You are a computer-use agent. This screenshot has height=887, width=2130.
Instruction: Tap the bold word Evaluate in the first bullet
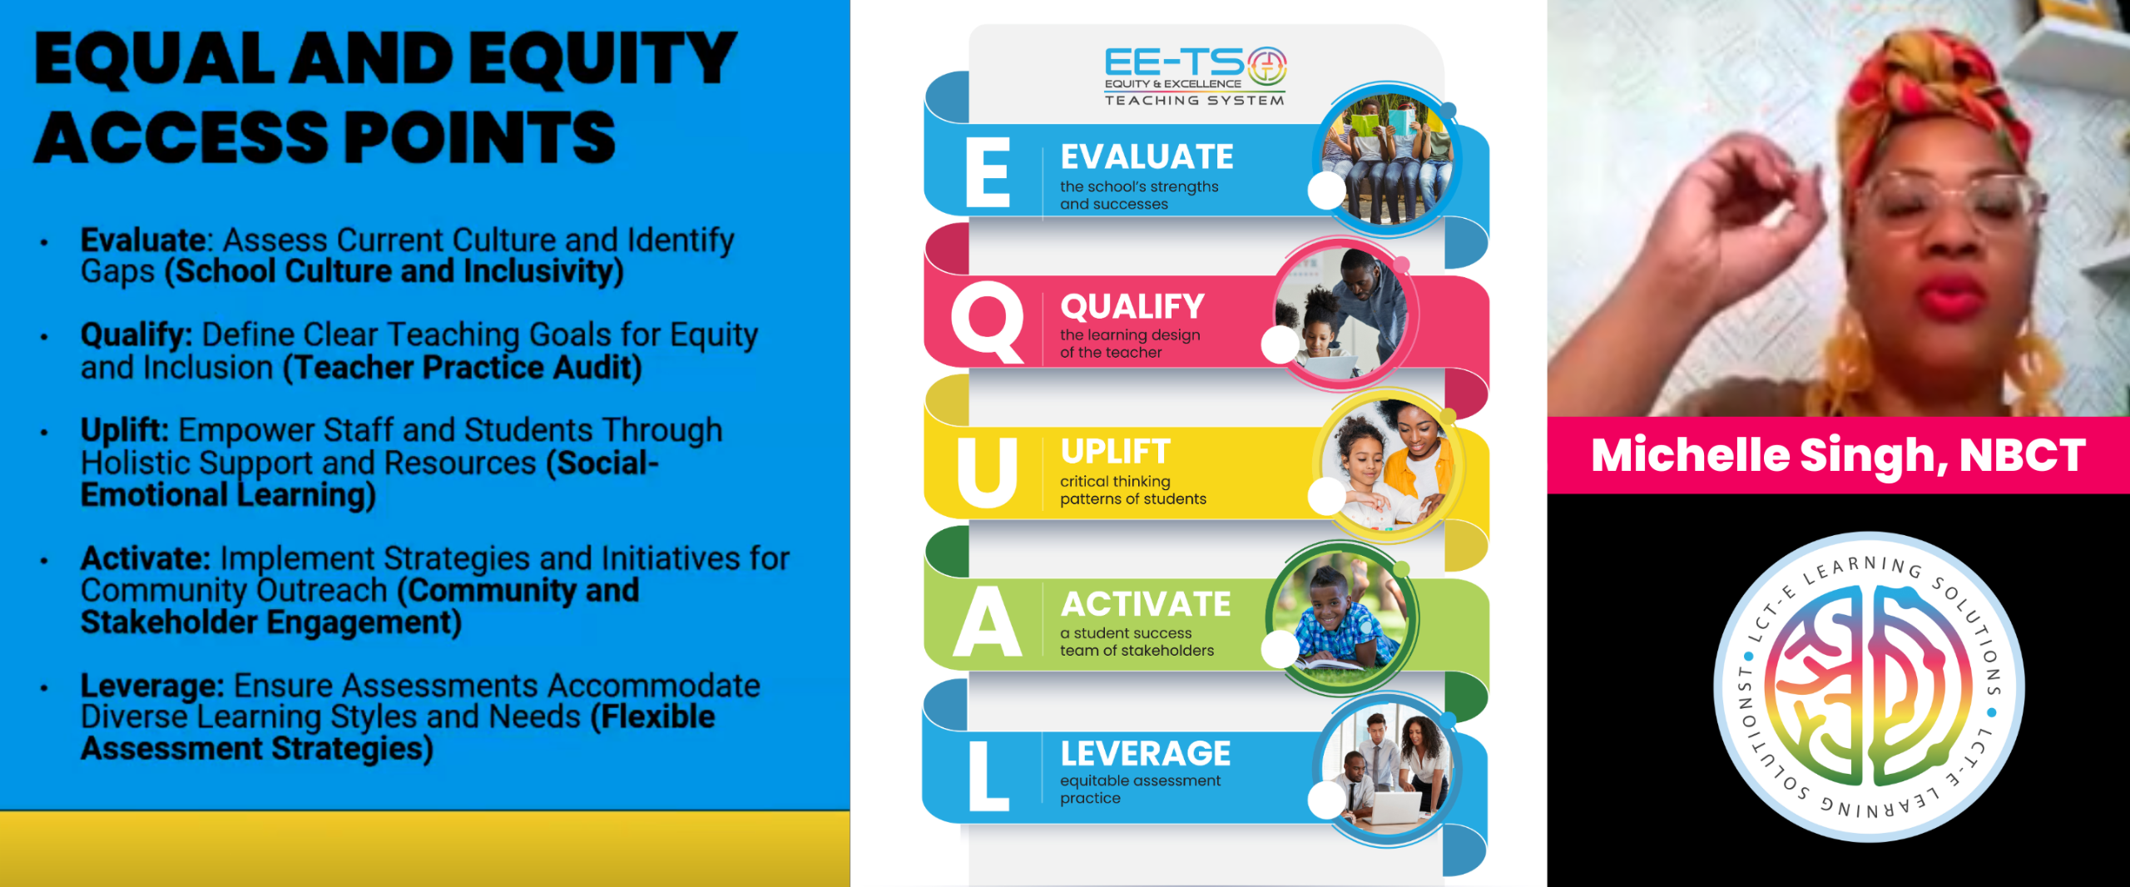click(143, 240)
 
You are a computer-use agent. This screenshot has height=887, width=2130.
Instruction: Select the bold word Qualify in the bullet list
click(136, 335)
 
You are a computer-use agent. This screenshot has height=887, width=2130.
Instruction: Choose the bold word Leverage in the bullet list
click(152, 686)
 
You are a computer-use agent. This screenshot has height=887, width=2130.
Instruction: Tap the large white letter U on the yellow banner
click(987, 472)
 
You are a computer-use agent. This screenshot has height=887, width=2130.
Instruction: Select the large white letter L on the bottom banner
click(988, 776)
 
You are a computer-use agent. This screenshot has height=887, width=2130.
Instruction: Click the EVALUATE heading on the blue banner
click(1147, 157)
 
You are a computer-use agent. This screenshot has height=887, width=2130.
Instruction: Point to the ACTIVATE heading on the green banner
click(1146, 604)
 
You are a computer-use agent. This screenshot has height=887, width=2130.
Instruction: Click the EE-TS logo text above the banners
click(1195, 76)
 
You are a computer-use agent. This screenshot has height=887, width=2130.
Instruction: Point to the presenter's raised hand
click(1735, 200)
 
